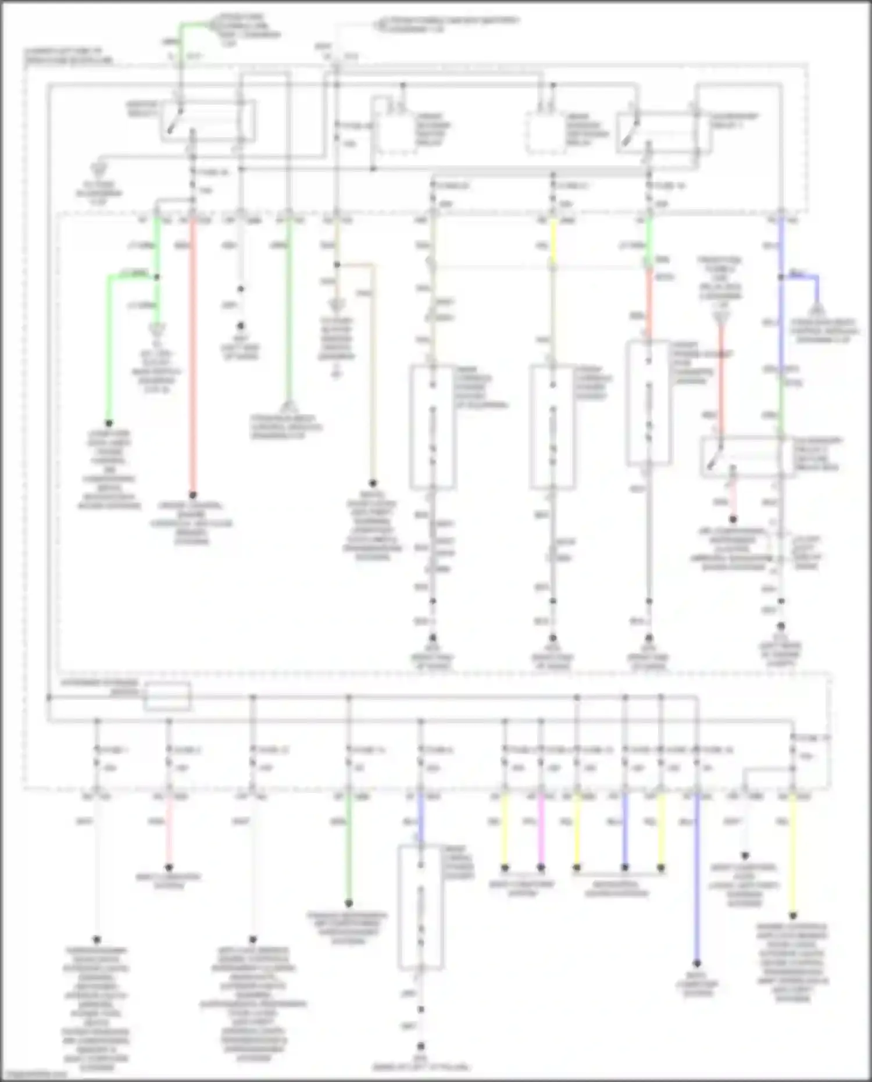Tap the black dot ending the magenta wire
click(541, 867)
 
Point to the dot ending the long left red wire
click(193, 495)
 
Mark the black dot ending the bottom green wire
click(349, 903)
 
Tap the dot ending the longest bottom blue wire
click(696, 963)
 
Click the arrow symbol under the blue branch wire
click(817, 308)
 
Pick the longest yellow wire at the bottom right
click(792, 855)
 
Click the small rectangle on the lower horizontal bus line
click(167, 696)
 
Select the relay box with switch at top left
click(208, 121)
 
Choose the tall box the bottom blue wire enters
click(420, 907)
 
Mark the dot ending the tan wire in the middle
click(373, 483)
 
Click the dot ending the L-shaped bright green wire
click(109, 423)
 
